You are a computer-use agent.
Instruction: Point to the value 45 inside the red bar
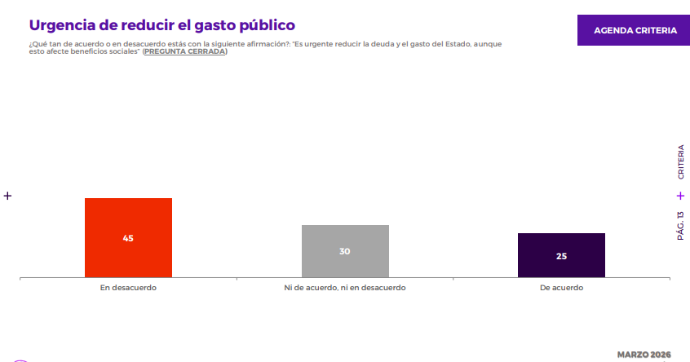(x=128, y=238)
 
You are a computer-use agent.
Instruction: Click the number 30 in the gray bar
(x=345, y=251)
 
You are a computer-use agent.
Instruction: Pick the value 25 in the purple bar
(x=561, y=256)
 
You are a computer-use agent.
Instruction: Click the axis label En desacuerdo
(x=128, y=288)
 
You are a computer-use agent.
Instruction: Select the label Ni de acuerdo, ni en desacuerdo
(x=345, y=288)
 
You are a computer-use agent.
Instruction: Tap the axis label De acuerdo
(x=561, y=288)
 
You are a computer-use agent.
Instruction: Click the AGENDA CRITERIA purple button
(x=635, y=30)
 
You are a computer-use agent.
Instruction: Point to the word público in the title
(x=264, y=25)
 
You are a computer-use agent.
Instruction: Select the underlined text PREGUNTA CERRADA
(x=184, y=51)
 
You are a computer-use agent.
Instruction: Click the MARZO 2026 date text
(x=644, y=355)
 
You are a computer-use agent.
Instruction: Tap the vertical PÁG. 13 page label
(x=680, y=225)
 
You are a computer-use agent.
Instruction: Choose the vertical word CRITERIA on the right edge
(x=680, y=162)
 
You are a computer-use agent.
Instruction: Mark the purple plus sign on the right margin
(x=680, y=196)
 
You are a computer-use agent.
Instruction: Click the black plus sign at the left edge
(x=7, y=196)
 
